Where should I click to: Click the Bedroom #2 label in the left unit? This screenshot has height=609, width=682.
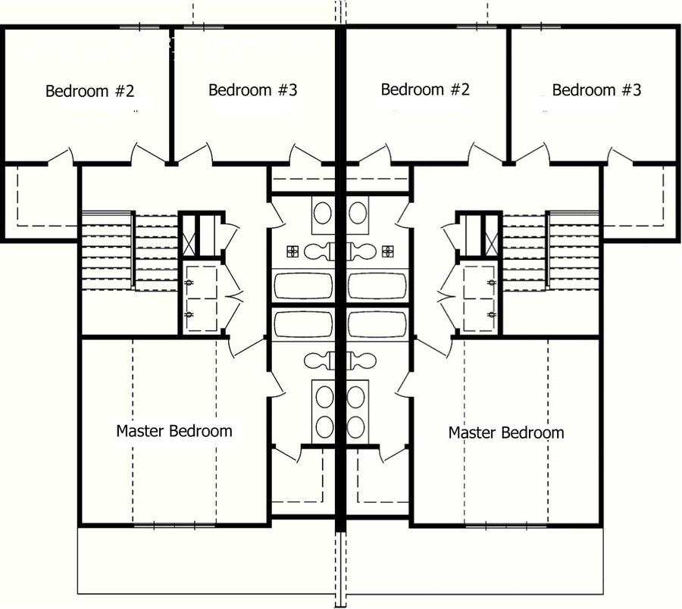[89, 92]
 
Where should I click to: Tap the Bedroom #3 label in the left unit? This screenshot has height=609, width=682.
[252, 90]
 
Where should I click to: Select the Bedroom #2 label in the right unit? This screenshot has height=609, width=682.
[425, 89]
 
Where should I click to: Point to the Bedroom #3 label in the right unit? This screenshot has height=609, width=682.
[596, 90]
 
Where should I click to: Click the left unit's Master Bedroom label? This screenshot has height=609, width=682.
[174, 431]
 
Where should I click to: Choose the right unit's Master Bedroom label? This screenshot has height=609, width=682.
[506, 433]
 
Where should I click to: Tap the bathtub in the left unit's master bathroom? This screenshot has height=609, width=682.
[303, 324]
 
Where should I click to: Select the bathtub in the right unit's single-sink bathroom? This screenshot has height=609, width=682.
[377, 286]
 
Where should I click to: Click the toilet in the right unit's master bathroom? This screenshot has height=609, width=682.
[363, 360]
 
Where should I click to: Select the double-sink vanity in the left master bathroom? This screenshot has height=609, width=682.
[324, 410]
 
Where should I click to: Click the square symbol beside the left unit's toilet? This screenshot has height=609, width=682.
[293, 250]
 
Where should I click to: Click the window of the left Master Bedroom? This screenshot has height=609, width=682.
[174, 524]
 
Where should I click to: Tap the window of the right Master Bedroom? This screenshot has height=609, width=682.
[506, 524]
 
